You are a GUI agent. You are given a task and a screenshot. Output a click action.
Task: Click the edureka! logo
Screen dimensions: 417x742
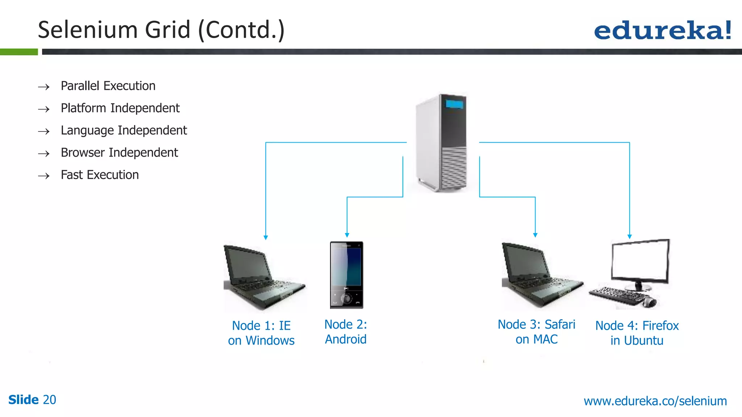(662, 30)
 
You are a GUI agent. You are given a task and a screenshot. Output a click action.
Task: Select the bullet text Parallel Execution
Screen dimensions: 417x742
(108, 86)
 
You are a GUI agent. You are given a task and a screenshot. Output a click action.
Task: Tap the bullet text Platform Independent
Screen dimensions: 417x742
(120, 108)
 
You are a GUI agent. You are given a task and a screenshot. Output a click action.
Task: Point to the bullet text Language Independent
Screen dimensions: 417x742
(124, 130)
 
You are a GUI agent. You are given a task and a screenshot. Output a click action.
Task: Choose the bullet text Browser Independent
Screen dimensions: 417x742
(119, 153)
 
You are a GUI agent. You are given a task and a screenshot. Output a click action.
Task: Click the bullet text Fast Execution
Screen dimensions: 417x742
(100, 175)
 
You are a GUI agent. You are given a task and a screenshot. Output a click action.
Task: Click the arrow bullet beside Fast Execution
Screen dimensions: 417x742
(44, 176)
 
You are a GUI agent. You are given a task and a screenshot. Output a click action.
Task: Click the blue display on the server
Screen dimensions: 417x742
(454, 104)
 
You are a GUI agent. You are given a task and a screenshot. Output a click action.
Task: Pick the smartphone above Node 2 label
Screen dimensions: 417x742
(346, 275)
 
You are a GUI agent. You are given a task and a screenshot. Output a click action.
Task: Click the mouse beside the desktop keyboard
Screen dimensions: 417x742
(651, 302)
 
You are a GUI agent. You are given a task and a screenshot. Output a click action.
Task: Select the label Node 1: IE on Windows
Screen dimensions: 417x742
(261, 333)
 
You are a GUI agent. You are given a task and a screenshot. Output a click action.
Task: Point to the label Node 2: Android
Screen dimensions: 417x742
(346, 332)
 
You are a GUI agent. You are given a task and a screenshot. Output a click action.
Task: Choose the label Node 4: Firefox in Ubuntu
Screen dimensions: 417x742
(637, 333)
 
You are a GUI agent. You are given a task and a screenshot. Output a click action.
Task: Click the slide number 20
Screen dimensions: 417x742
(50, 400)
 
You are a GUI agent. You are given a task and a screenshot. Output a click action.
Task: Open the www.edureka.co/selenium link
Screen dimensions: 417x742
(655, 401)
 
